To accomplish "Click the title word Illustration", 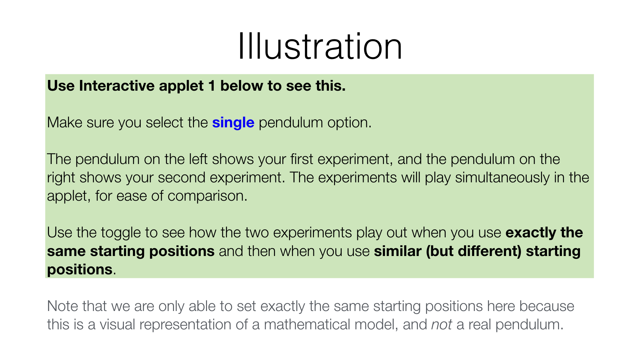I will click(320, 47).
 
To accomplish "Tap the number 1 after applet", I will click(212, 86).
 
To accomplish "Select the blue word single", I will click(233, 123).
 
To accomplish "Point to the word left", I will click(198, 159).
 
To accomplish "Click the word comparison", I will click(207, 196).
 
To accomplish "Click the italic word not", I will click(441, 324).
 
